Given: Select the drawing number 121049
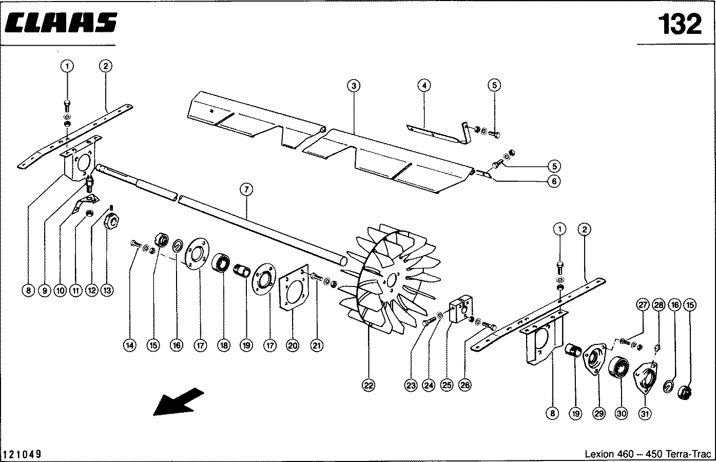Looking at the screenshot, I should point(22,454).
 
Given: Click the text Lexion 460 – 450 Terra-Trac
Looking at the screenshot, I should point(648,454).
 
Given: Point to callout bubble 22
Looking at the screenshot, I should point(369,384).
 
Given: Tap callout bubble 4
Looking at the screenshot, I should point(423,85).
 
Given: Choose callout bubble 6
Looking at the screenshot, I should point(553,181).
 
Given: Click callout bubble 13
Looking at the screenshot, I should point(107,290).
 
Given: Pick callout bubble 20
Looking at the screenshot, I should point(292,345).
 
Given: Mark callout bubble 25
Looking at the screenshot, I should point(447,384).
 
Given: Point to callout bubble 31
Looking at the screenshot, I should point(645,413).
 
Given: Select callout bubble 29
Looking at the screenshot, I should point(598,413).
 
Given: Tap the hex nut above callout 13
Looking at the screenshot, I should point(112,221).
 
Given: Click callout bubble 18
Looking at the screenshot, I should point(223,345).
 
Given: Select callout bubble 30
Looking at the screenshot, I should point(622,413).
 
